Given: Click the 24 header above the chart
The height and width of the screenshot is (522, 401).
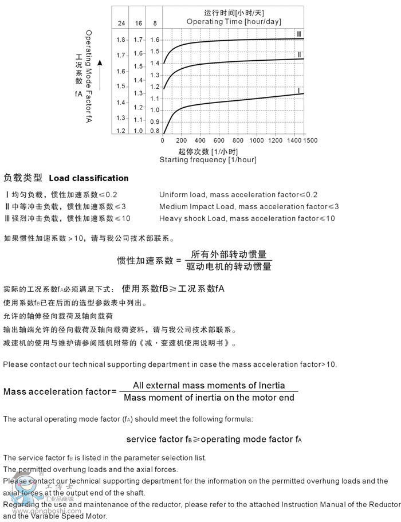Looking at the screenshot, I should (121, 23).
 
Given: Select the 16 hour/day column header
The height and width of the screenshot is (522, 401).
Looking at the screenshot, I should (138, 23).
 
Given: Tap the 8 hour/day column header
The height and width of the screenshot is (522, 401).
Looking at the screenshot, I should (155, 23).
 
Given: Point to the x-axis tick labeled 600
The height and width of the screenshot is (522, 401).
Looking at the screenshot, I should (219, 140).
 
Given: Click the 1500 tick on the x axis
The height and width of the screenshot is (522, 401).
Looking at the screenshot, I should (310, 140).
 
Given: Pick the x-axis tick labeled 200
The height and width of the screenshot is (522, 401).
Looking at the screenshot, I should (181, 140).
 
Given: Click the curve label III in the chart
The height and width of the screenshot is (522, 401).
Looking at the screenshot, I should (299, 33).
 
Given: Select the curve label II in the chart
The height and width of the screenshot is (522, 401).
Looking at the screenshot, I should (299, 54).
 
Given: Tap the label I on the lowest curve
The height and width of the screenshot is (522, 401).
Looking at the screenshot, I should (298, 91).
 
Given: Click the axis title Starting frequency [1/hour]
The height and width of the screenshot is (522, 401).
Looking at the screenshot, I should (207, 159).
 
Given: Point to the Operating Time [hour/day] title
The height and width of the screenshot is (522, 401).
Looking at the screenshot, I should (234, 21).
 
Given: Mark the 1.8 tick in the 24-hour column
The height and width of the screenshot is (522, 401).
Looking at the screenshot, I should (121, 40).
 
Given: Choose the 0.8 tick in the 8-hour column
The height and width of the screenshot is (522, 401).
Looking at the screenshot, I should (155, 131).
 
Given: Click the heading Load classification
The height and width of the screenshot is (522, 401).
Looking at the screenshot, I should (89, 178).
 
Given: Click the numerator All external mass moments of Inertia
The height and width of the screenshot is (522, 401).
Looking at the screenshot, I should (209, 385).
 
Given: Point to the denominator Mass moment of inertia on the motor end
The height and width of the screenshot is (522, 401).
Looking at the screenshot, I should (209, 398).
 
